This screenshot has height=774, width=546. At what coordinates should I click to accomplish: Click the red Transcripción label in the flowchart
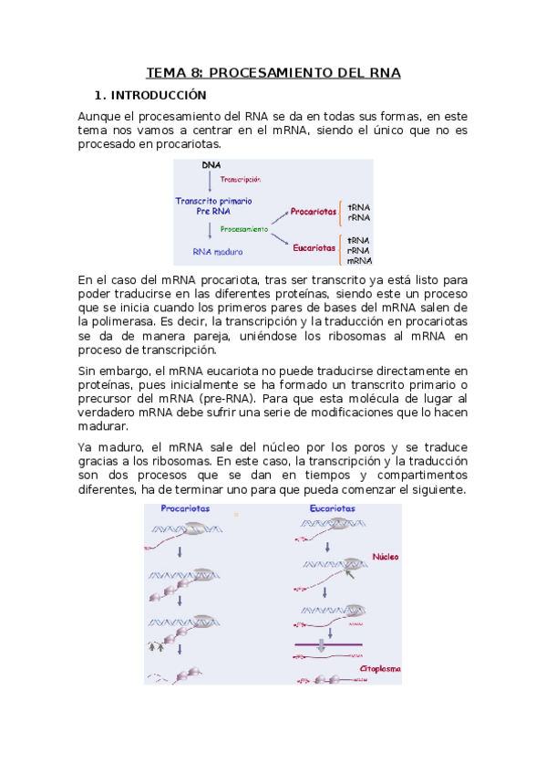241,180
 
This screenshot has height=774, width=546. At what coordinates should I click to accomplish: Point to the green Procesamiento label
244,229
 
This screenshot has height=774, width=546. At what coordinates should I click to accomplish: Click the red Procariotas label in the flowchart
312,212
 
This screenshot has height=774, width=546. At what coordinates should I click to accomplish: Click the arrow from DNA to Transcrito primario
210,181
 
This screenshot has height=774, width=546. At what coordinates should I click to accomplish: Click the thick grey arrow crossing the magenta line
320,645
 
